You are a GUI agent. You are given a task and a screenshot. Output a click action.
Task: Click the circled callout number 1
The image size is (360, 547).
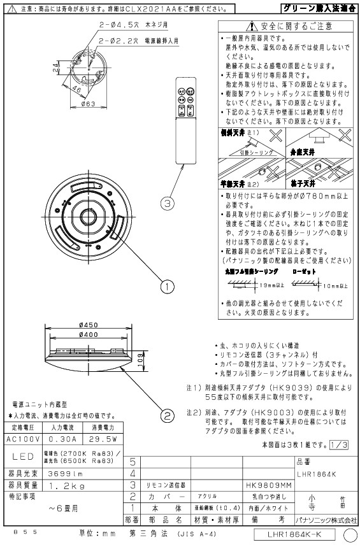(x=168, y=287)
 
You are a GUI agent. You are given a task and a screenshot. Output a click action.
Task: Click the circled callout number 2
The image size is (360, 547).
(x=168, y=416)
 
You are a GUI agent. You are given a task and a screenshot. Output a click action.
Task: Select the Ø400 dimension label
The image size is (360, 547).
(x=87, y=334)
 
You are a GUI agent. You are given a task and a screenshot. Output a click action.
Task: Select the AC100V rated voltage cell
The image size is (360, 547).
(x=22, y=438)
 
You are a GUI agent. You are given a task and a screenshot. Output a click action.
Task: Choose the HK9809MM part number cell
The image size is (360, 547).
(x=264, y=485)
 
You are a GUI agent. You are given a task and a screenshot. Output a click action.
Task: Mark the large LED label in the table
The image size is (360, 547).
(x=22, y=456)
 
